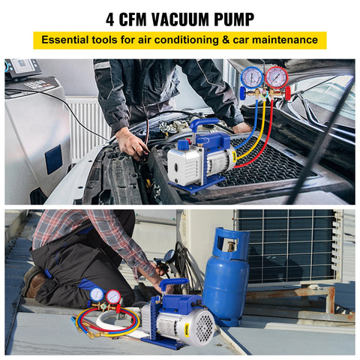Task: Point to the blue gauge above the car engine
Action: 252,76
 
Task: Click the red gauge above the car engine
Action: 276,76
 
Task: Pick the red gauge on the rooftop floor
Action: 114,296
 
